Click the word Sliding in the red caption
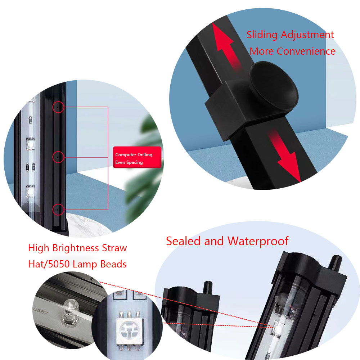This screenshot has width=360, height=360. click(262, 35)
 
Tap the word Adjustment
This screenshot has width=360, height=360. click(307, 35)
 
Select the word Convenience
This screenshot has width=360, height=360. click(306, 51)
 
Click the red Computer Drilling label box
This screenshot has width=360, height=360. click(137, 158)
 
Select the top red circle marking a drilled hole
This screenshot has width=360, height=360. click(58, 107)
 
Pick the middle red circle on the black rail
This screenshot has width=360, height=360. click(58, 157)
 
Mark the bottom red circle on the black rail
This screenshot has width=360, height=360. click(58, 210)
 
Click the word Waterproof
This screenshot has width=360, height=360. click(258, 242)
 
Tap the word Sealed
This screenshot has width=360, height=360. click(183, 241)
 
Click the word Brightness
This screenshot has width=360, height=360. click(76, 248)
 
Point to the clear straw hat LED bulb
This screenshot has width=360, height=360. click(71, 309)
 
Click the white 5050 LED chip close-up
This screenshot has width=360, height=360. click(130, 330)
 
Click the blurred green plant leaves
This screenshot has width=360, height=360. click(145, 170)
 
